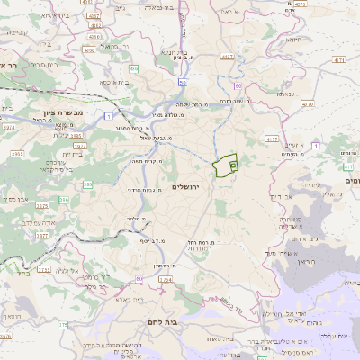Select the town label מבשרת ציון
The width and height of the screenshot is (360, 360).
pyautogui.click(x=62, y=112)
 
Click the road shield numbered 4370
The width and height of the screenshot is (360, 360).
pyautogui.click(x=307, y=104)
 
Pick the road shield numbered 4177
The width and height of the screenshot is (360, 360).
pyautogui.click(x=271, y=139)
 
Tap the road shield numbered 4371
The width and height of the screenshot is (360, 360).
pyautogui.click(x=338, y=59)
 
